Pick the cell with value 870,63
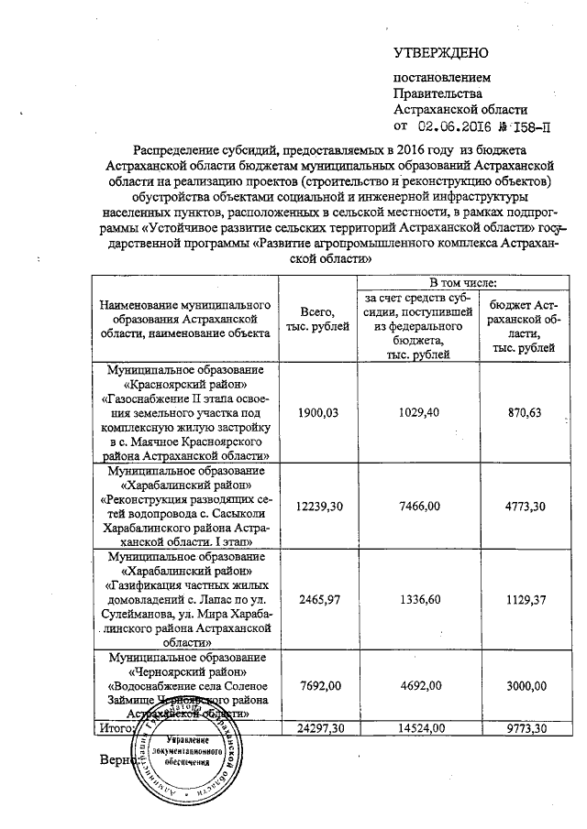coord(519,413)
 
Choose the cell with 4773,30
coord(519,507)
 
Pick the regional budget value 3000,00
coord(519,685)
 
